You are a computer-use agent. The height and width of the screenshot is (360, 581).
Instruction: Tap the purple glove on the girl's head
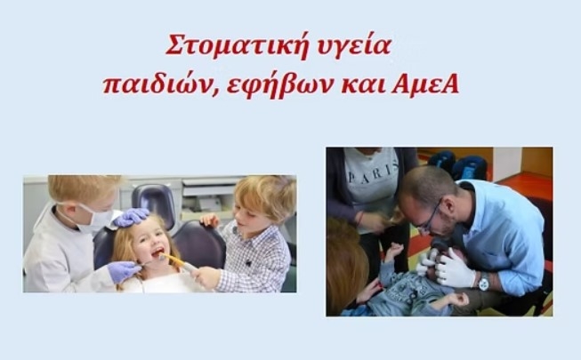[x=131, y=216]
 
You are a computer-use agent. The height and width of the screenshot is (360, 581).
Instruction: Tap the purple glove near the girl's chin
[x=124, y=271]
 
